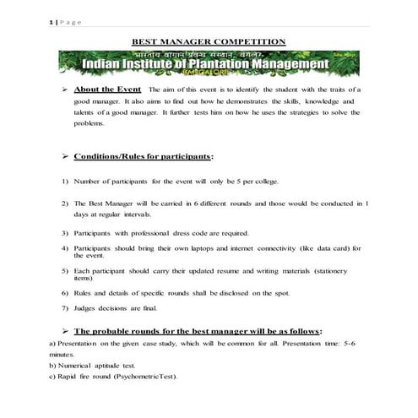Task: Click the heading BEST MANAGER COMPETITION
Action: [208, 41]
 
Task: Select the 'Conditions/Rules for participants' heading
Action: [143, 156]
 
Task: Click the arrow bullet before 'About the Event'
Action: [64, 89]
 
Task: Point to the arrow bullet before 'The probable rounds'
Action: [64, 331]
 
